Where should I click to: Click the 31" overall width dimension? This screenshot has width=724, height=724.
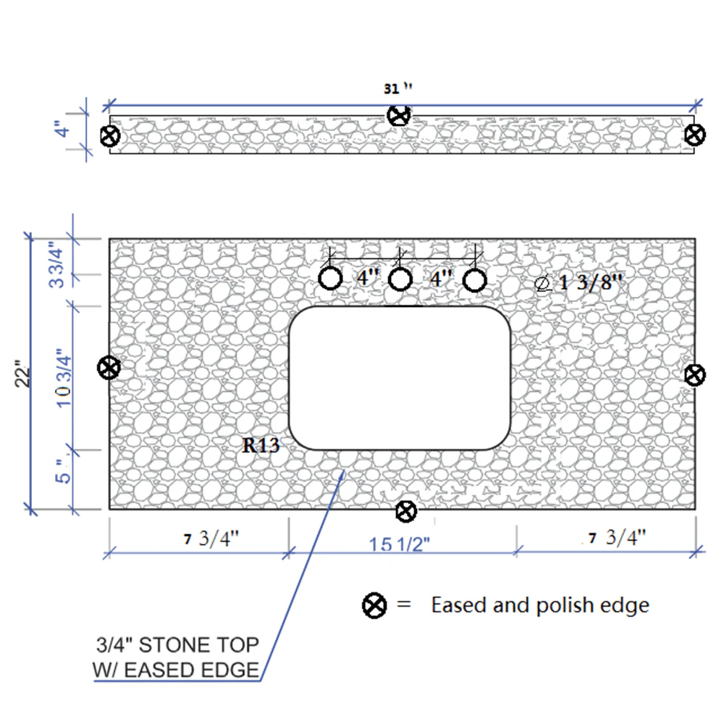397,88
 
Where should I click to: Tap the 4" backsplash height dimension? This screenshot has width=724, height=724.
63,129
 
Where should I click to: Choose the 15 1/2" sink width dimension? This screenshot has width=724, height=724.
400,544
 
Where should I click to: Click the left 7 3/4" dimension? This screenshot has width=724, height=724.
211,539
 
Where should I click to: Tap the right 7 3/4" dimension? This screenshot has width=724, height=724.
618,537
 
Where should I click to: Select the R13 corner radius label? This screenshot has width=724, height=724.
261,445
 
